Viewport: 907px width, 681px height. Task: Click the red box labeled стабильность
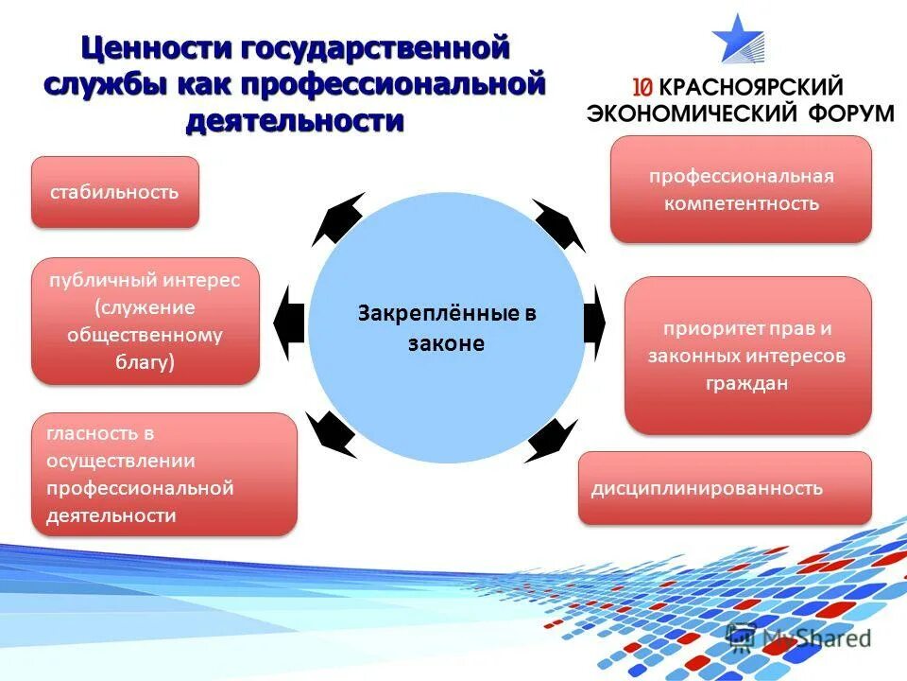click(114, 192)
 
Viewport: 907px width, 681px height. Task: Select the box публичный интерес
click(145, 322)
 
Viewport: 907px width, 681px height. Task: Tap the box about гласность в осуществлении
click(163, 474)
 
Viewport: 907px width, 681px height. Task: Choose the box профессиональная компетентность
click(741, 189)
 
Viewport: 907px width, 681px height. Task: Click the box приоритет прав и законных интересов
click(747, 356)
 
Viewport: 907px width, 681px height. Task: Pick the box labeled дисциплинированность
click(725, 488)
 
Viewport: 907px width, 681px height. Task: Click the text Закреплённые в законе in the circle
click(446, 328)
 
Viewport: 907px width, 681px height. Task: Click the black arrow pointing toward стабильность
click(337, 219)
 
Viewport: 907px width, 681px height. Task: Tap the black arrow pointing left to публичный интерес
click(289, 323)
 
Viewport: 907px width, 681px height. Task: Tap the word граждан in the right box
click(745, 384)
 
